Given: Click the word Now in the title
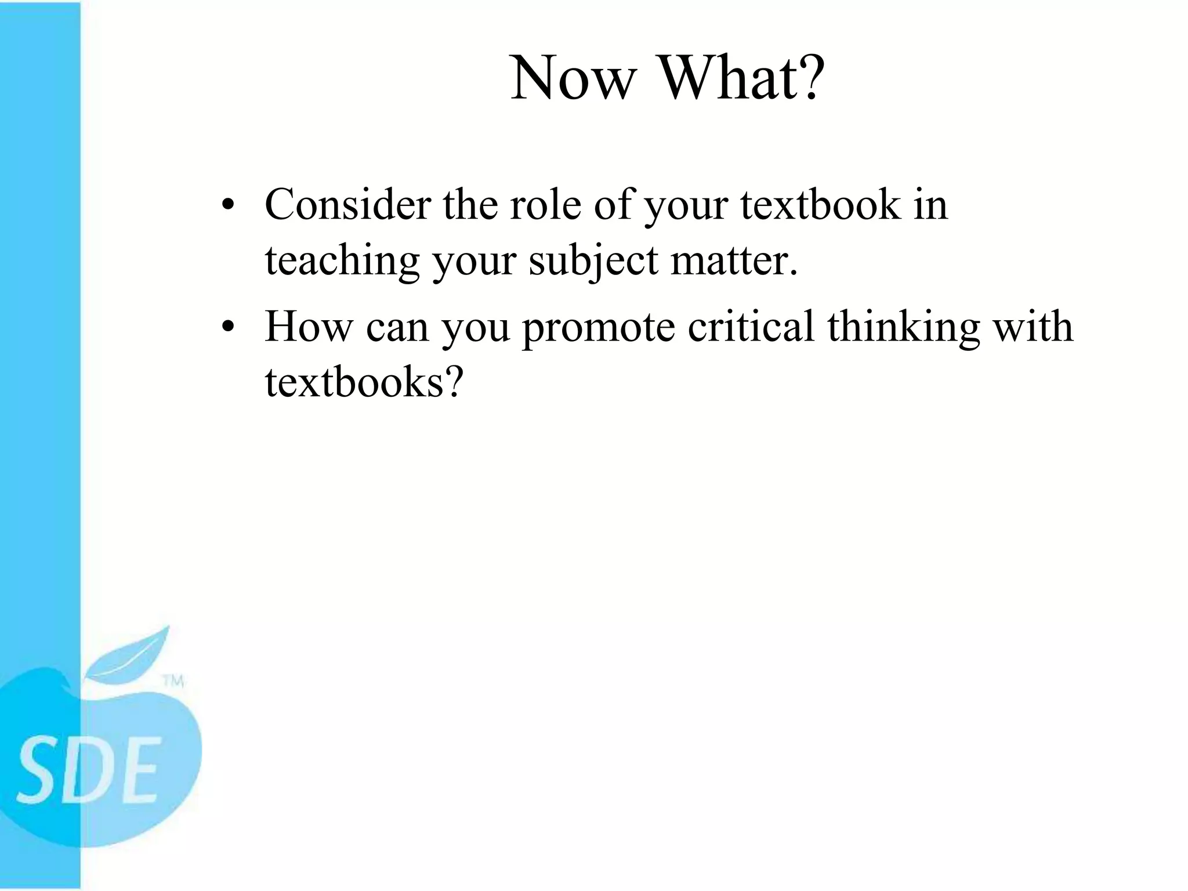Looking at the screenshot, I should coord(571,78).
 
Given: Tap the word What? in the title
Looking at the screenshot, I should coord(743,78).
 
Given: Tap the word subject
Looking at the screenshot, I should coord(593,260).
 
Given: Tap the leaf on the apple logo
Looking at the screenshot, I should coord(131,655).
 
